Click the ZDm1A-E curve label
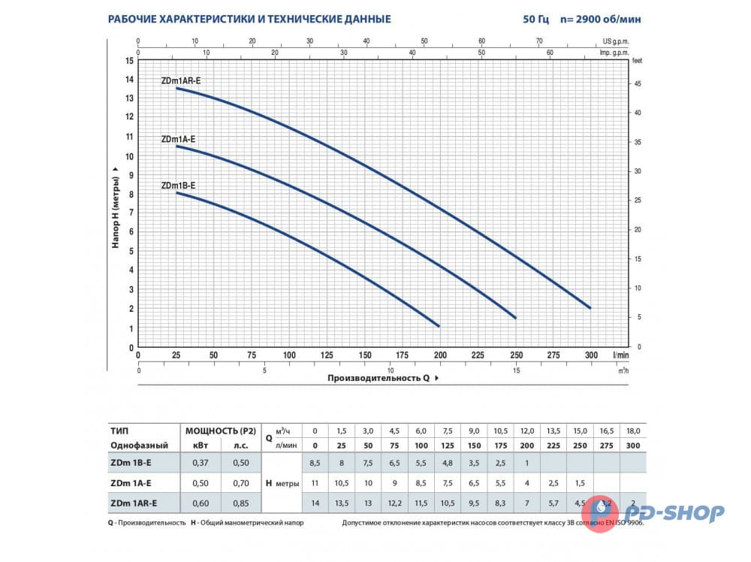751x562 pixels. pos(178,139)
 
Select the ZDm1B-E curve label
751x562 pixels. pos(178,186)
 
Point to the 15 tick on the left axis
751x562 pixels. pos(130,60)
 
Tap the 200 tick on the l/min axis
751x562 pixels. pos(440,355)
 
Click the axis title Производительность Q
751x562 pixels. pos(379,379)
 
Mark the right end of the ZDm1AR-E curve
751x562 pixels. pos(590,308)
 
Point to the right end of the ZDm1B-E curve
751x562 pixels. pos(439,325)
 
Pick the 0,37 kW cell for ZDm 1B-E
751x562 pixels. pos(196,462)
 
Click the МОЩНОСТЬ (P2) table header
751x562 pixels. pos(221,431)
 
